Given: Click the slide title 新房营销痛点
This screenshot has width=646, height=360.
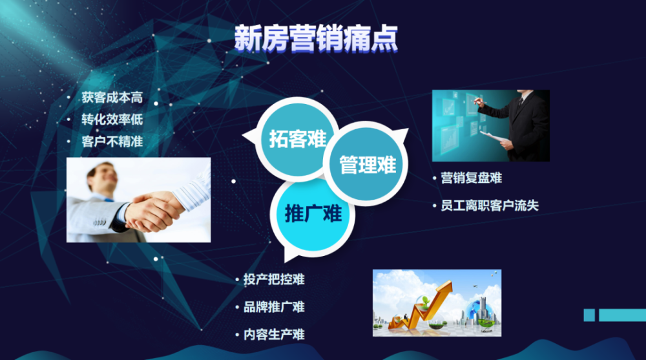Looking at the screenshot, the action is tap(316, 38).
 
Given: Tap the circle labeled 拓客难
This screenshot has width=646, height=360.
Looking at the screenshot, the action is tap(296, 140).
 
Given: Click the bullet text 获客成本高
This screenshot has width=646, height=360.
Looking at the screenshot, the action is tap(112, 98).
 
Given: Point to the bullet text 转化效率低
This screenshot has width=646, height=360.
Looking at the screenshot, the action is tap(112, 120).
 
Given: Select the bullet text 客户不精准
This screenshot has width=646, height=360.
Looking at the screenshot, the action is tap(112, 142).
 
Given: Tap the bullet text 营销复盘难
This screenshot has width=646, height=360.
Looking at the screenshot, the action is tap(472, 178).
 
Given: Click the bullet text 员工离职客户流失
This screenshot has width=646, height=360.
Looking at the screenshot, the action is tap(490, 206).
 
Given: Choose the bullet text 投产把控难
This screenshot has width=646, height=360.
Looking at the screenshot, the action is tap(274, 279).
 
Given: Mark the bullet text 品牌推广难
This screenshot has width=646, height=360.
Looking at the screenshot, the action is tap(274, 307).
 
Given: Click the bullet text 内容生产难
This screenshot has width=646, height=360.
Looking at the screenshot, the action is tap(274, 334).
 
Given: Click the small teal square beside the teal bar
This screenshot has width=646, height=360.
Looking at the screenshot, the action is tap(589, 315).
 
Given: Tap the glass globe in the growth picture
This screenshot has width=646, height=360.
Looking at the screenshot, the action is tap(478, 310).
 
